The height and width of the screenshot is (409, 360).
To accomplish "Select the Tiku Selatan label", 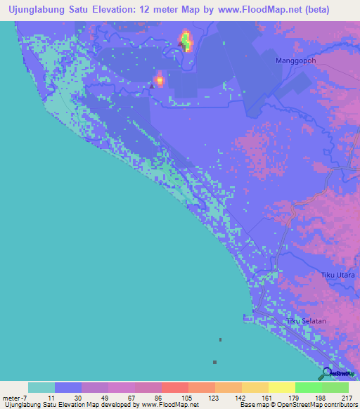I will tap(307, 321).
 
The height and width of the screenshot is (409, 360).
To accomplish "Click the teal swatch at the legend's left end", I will tap(41, 387).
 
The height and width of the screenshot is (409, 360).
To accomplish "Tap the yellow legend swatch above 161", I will tap(255, 387).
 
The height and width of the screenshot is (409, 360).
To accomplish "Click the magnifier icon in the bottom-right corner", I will tap(328, 375).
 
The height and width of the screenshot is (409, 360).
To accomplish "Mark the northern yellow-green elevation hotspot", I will tap(186, 41).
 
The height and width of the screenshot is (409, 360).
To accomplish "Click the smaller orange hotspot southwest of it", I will tap(159, 79).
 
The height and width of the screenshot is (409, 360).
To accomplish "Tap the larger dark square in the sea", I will tap(214, 362).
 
